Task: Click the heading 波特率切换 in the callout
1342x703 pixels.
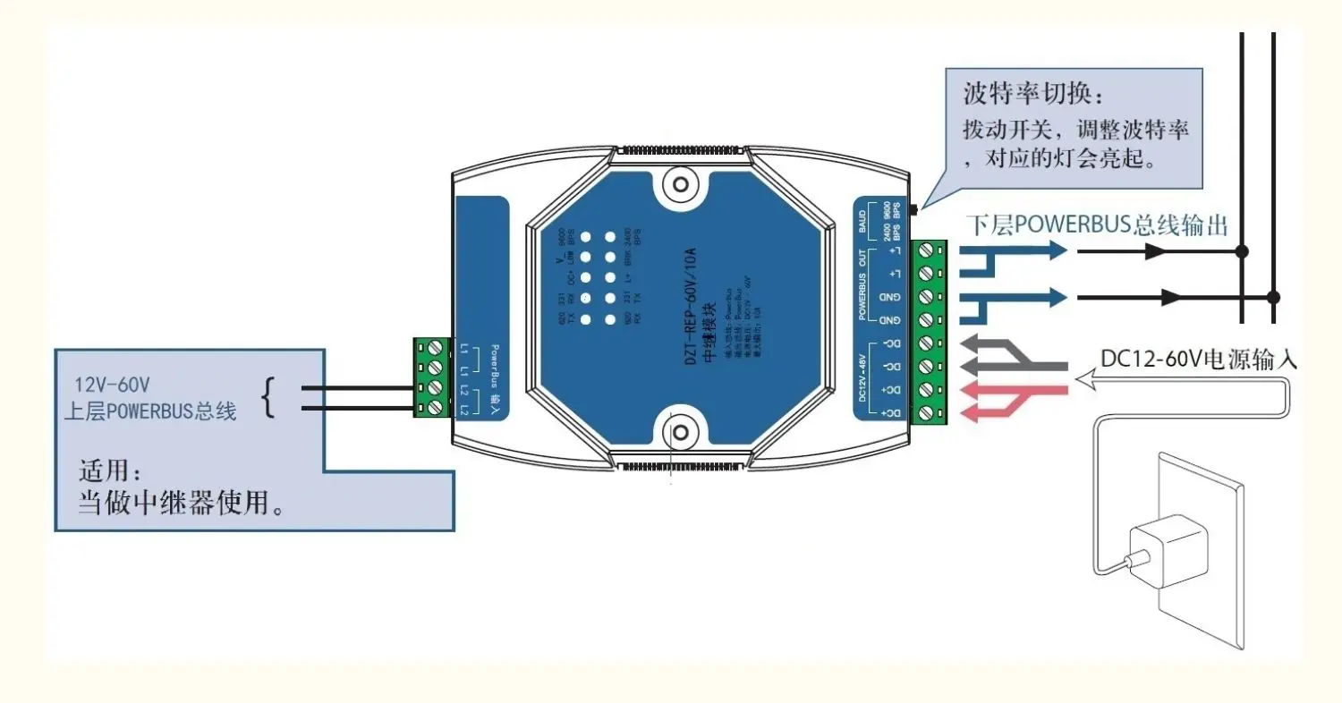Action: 1032,93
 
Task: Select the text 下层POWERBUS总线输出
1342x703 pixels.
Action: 1099,225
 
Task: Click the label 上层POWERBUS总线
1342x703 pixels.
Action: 150,411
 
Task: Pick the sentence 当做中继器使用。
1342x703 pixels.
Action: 183,503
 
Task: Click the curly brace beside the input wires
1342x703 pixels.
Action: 268,398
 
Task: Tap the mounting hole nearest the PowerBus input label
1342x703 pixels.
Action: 680,432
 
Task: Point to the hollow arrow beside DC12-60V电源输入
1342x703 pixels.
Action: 1086,382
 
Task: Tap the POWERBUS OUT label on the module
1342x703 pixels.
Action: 864,284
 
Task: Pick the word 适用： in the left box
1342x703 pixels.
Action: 110,471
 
